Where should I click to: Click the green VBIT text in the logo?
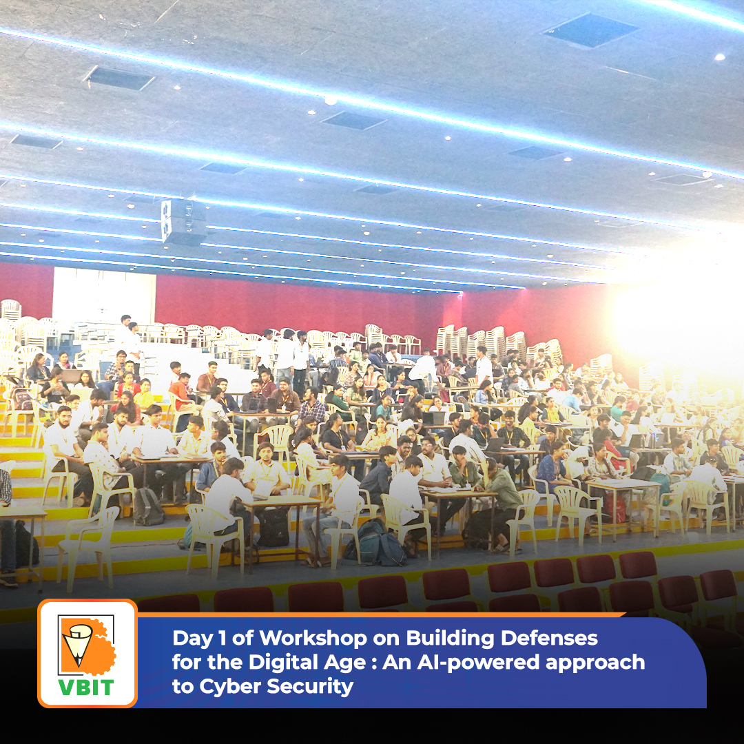point(86,687)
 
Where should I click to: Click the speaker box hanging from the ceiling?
point(184,222)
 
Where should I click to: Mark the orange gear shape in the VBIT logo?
point(96,646)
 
